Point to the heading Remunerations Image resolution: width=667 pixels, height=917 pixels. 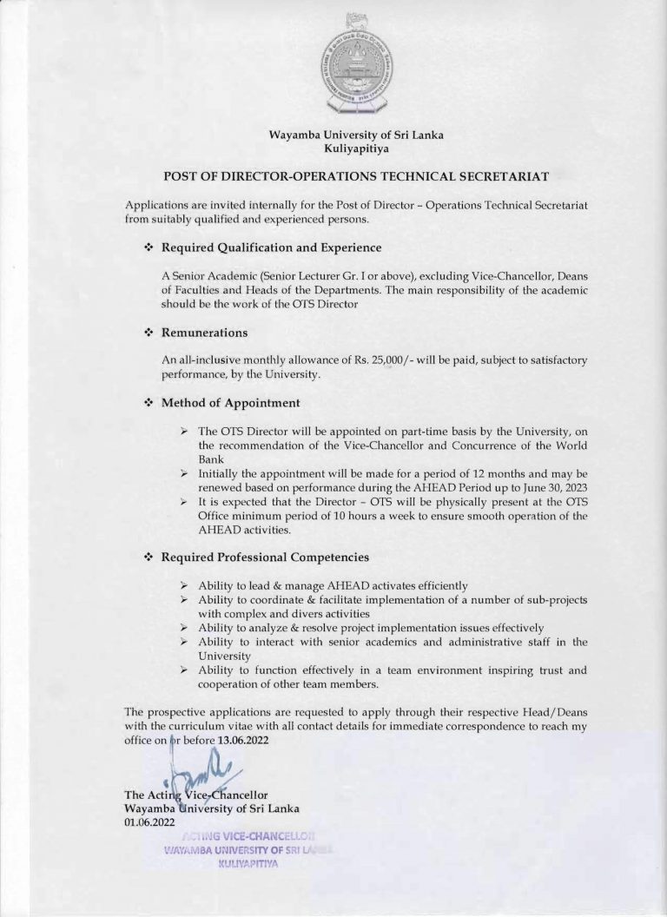[x=205, y=333]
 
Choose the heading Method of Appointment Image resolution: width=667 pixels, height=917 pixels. [x=231, y=403]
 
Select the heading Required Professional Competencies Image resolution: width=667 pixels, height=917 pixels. [x=266, y=557]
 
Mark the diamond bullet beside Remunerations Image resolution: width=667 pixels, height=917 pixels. [x=148, y=333]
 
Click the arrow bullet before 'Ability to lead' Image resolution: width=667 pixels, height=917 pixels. [x=184, y=585]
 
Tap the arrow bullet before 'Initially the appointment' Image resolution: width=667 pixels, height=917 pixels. [x=184, y=474]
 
